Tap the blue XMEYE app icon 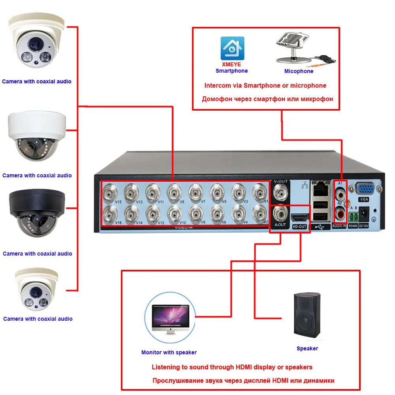[x=232, y=49]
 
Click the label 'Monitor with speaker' [x=169, y=352]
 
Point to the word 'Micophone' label [x=299, y=71]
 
